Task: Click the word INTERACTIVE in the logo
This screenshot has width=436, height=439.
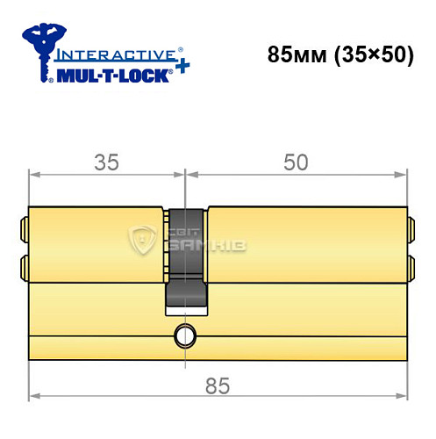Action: point(109,53)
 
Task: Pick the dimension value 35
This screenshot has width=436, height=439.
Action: point(107,161)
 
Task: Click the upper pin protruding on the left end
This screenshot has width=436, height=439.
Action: point(25,230)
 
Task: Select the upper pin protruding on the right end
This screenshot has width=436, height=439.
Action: point(410,230)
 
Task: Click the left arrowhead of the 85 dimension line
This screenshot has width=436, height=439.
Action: point(34,392)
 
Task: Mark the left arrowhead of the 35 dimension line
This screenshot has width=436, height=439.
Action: point(34,176)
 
